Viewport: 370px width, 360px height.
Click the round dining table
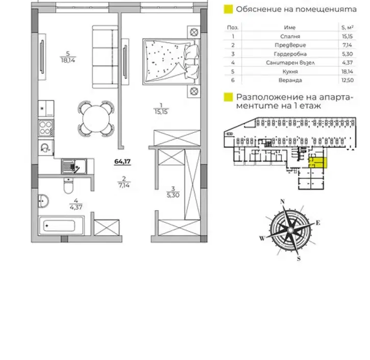[96, 118]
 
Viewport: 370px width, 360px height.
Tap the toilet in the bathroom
[68, 186]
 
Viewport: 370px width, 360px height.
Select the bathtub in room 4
[61, 225]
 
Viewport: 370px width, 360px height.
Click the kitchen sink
[74, 166]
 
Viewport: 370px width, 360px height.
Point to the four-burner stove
[46, 128]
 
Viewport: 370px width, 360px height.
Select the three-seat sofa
[105, 57]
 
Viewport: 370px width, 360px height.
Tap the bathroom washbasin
[43, 201]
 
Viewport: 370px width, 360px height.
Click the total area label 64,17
[122, 162]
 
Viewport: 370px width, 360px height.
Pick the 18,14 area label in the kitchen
[68, 60]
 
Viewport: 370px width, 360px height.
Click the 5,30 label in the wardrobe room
[173, 195]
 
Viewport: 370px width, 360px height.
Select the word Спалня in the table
[290, 36]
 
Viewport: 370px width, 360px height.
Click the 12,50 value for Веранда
[348, 80]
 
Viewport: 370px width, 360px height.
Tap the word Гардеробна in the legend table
[290, 54]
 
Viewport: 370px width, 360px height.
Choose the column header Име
[290, 28]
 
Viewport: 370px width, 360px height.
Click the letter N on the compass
[282, 201]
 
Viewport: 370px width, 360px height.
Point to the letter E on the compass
[318, 222]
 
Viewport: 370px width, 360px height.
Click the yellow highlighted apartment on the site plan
[317, 163]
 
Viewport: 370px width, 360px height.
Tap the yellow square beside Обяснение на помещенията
[228, 9]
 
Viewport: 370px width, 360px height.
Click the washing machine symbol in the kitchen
[45, 147]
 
